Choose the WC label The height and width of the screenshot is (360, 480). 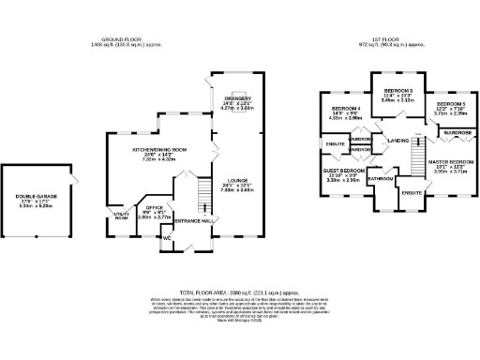(167, 238)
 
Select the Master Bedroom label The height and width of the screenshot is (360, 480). (450, 162)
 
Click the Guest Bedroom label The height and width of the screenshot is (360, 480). (343, 171)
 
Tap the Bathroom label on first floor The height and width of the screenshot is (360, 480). (381, 178)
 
